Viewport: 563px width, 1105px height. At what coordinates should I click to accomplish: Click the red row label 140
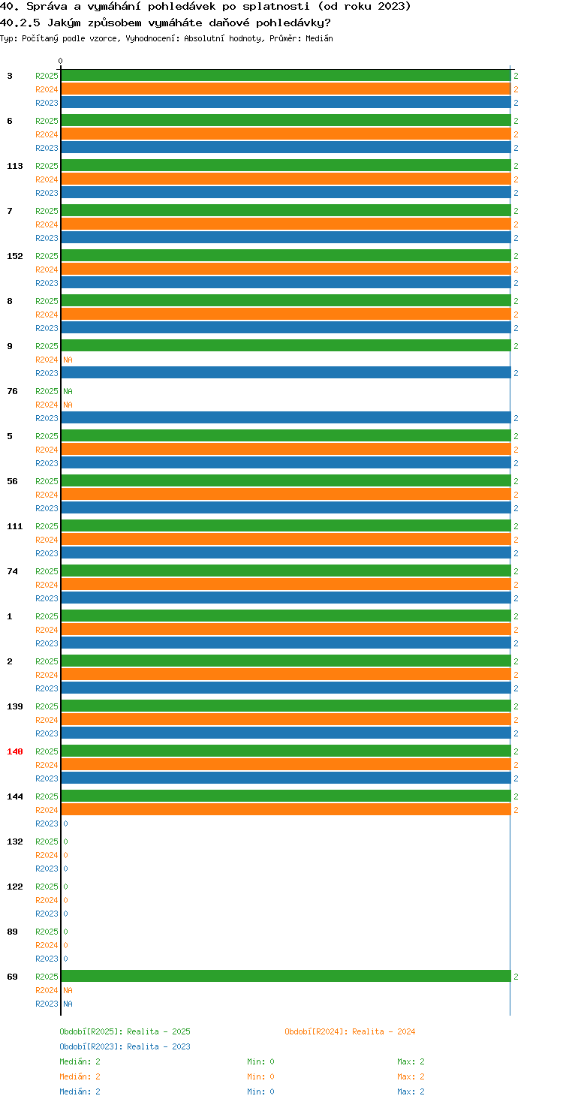click(x=15, y=751)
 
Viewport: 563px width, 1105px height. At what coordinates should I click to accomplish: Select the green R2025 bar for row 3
click(x=286, y=76)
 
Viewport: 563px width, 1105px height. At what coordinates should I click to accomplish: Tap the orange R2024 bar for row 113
click(x=286, y=179)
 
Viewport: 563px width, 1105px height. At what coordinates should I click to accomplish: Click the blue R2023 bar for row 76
click(x=286, y=418)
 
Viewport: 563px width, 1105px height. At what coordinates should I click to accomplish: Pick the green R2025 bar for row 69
click(x=286, y=976)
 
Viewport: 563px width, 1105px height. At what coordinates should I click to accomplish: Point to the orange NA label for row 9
click(x=68, y=360)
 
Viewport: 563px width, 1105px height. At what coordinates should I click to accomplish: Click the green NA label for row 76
click(x=68, y=391)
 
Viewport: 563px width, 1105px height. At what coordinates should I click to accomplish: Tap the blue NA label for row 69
click(x=68, y=1004)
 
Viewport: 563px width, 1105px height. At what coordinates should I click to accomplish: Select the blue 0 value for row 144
click(x=65, y=823)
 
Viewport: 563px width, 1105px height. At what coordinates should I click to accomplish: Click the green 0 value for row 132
click(x=65, y=842)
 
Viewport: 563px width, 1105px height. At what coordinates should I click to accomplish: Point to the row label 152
click(x=15, y=256)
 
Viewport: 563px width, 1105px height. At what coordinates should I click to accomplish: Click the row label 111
click(x=15, y=526)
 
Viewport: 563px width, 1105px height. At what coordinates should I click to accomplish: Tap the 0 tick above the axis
click(x=60, y=61)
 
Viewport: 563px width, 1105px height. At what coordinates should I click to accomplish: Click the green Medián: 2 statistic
click(x=80, y=1061)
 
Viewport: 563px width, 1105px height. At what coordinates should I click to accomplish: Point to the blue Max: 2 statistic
click(x=411, y=1091)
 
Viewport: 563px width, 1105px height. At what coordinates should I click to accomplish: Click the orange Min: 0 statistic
click(x=260, y=1076)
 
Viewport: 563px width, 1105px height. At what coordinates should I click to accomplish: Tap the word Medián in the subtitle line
click(x=319, y=38)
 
